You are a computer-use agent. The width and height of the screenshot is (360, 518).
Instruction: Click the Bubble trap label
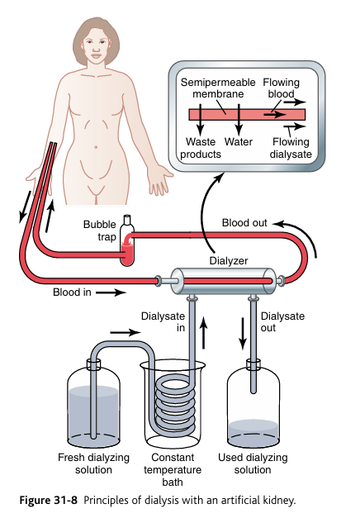(x=99, y=230)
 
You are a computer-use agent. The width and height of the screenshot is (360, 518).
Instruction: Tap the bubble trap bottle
(x=127, y=240)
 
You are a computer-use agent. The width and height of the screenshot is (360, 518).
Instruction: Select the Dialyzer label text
(x=229, y=260)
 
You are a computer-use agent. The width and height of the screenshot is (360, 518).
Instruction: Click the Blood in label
(x=72, y=292)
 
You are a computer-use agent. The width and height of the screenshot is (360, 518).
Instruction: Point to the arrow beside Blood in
(x=111, y=292)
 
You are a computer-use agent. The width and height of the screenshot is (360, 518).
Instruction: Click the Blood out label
(x=244, y=223)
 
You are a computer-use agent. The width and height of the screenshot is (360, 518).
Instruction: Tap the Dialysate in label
(x=163, y=321)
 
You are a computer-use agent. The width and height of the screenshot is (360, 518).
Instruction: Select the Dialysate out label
(x=282, y=321)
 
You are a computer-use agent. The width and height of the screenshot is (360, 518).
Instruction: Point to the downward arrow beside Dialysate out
(x=243, y=334)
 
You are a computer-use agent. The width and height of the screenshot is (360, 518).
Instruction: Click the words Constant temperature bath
(x=173, y=469)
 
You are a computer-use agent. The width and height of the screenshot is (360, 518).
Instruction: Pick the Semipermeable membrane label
(x=218, y=88)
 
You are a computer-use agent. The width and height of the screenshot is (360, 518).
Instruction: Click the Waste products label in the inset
(x=201, y=148)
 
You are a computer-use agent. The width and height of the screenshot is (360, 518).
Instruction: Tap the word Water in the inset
(x=239, y=142)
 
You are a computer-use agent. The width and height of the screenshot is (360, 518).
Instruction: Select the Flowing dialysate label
(x=291, y=148)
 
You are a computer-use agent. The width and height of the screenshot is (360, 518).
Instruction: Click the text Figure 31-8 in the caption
(x=48, y=500)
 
